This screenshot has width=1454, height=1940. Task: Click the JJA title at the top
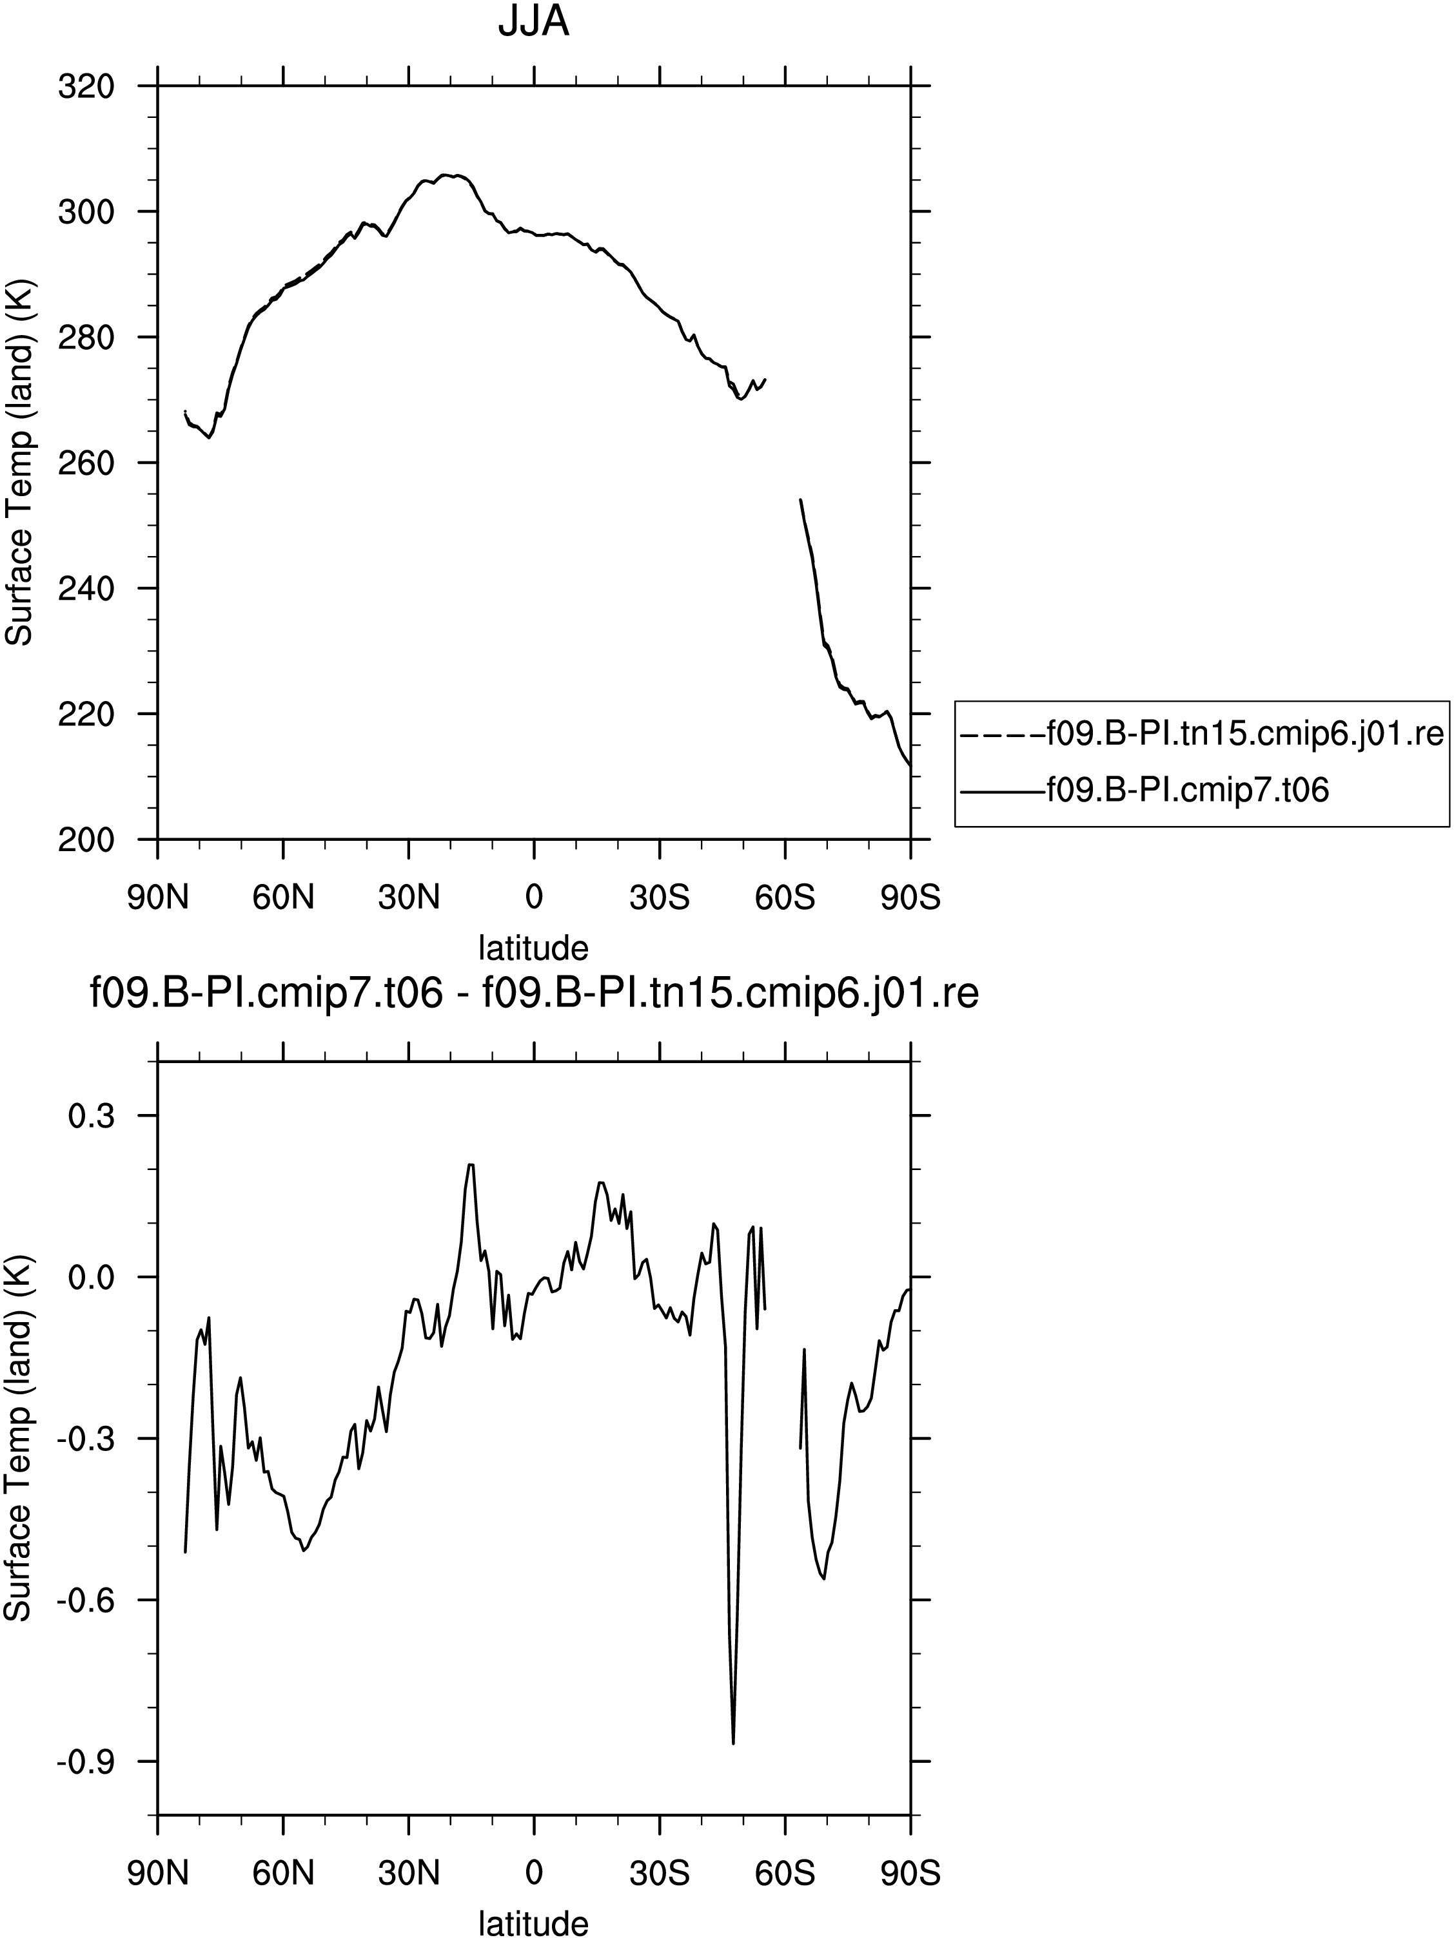533,23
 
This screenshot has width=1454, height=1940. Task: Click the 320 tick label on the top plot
86,87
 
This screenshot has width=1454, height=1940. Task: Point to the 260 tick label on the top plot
86,463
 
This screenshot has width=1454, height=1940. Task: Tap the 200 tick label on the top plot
86,840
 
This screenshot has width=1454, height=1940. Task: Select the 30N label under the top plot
408,898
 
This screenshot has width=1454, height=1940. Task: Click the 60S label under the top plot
785,898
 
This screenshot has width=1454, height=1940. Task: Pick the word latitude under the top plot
533,947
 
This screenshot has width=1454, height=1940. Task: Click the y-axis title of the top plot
19,463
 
